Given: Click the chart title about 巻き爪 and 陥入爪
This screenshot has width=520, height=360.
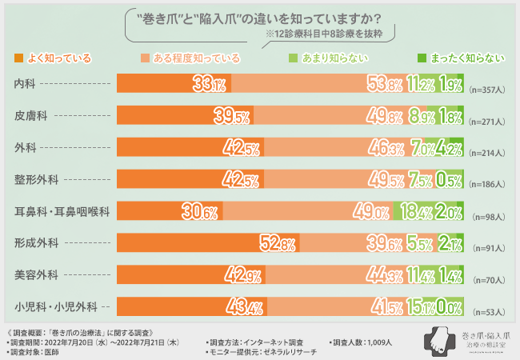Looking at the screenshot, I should (260, 18).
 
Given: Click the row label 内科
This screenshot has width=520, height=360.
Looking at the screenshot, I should (25, 84).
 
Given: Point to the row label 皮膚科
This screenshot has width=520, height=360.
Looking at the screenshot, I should (30, 116).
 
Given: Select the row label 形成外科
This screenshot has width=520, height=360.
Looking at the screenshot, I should (36, 242).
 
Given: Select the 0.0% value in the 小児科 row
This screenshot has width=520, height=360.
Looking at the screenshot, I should (450, 306).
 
